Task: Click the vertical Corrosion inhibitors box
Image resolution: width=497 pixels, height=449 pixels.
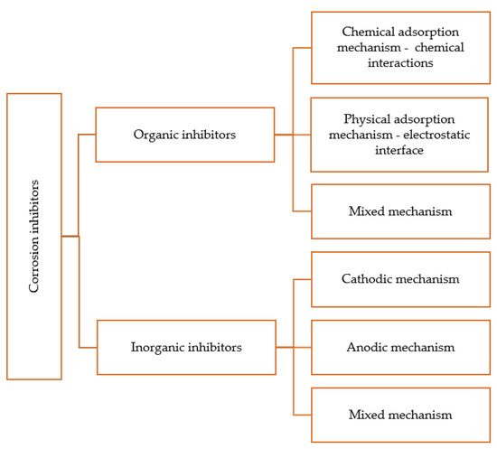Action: tap(34, 236)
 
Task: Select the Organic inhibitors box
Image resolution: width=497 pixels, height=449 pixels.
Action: tap(185, 135)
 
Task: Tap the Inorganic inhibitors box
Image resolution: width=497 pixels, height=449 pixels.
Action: tap(185, 347)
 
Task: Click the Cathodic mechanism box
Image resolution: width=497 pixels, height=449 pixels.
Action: tap(401, 279)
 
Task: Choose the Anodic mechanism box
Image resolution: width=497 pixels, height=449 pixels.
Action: tap(401, 347)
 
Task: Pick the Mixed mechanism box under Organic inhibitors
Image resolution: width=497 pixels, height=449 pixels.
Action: tap(401, 211)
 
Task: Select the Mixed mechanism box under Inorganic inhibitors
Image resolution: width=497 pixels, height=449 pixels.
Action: tap(401, 415)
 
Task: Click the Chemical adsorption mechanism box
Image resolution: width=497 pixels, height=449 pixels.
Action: tap(401, 48)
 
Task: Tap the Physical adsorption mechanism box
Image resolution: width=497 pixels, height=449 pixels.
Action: tap(401, 135)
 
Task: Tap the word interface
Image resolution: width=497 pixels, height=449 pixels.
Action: tap(401, 150)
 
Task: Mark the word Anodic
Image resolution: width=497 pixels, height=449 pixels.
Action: tap(370, 347)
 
